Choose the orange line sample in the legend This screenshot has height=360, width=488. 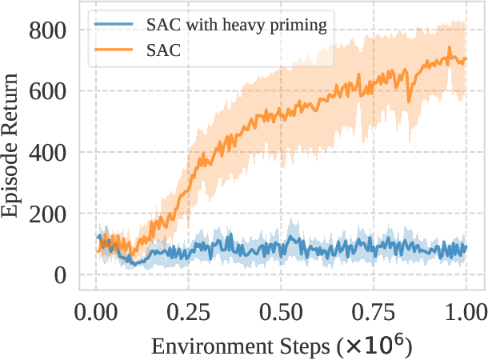click(113, 50)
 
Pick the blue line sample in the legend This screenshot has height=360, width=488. click(113, 25)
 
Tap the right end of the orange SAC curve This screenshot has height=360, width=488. click(466, 59)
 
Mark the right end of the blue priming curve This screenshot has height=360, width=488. click(466, 247)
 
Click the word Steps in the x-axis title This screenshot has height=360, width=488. click(299, 346)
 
